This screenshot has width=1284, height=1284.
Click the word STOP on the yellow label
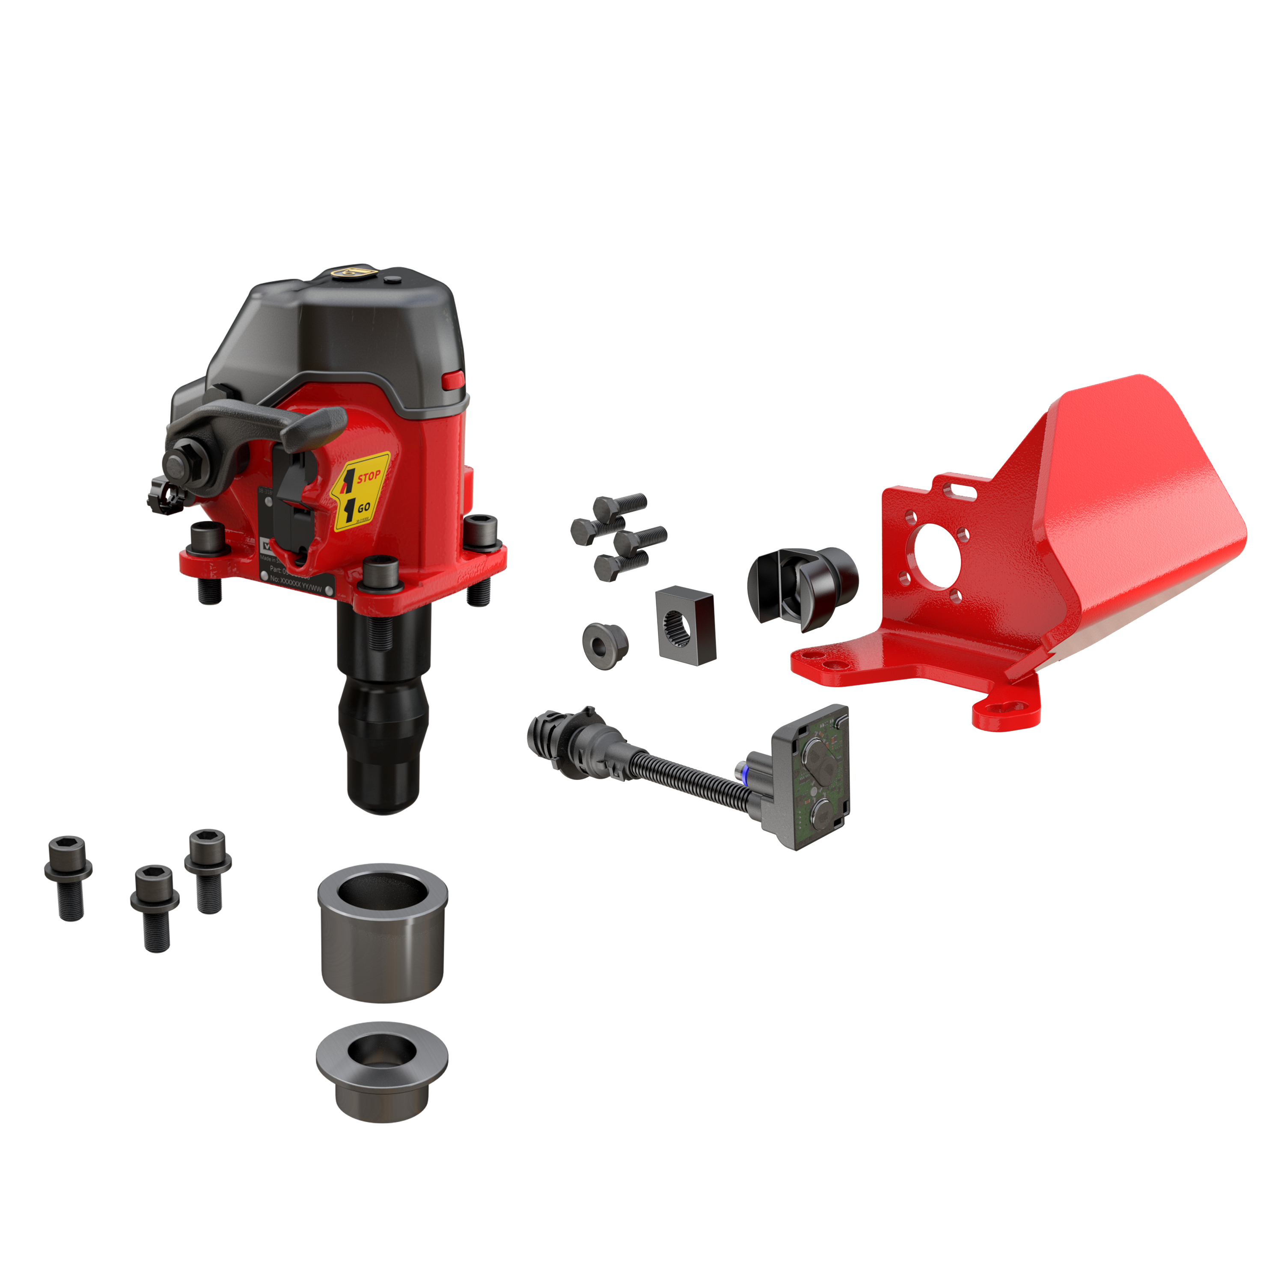[x=369, y=476]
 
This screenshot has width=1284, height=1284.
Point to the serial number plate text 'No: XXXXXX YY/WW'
[x=296, y=585]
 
